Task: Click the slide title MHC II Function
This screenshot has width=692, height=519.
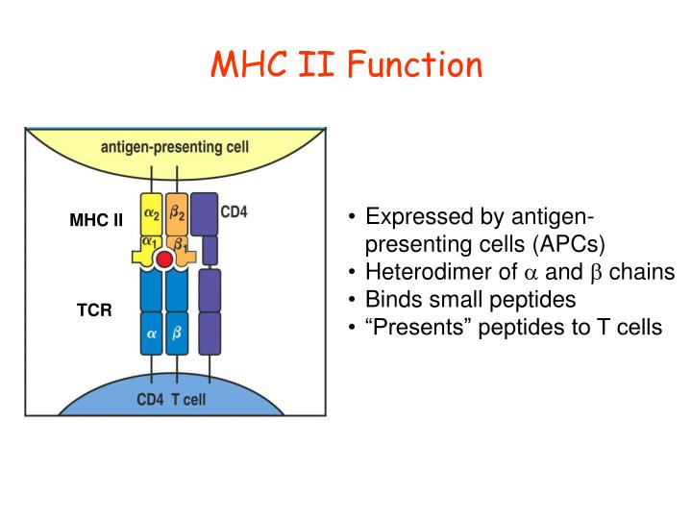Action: click(346, 65)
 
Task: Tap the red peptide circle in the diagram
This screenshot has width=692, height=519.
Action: click(164, 260)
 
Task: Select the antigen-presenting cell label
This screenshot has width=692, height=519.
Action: click(174, 147)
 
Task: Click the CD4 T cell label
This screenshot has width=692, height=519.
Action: click(170, 399)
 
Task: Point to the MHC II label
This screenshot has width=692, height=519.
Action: click(96, 220)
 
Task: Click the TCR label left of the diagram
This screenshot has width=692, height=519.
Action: click(95, 310)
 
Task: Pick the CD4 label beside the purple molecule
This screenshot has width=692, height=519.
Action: click(235, 211)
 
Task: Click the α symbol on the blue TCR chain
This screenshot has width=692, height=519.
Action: click(151, 336)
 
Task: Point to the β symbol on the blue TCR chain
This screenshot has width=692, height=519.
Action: click(178, 336)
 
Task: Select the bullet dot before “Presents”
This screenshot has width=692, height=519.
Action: click(354, 327)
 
